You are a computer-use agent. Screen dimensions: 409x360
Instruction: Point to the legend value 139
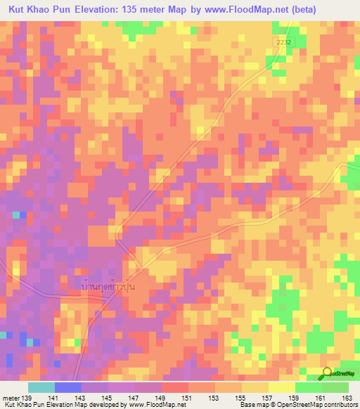(27, 397)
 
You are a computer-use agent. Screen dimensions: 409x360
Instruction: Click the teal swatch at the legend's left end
(41, 387)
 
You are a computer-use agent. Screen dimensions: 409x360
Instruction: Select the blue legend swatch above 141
(67, 387)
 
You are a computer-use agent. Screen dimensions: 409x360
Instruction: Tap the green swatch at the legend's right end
(335, 387)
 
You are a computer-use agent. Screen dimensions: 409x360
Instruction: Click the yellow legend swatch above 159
(281, 387)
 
